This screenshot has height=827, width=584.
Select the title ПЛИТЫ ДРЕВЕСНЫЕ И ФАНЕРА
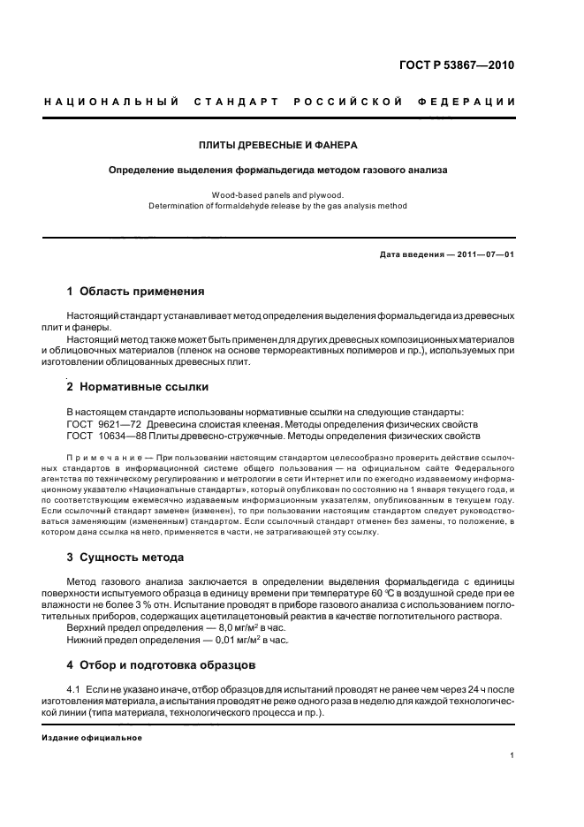(x=278, y=144)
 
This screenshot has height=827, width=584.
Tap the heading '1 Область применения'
(x=136, y=291)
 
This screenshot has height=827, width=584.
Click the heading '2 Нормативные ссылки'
(x=139, y=386)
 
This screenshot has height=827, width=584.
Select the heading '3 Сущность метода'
(x=125, y=558)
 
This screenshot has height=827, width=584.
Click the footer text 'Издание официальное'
(x=92, y=737)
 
